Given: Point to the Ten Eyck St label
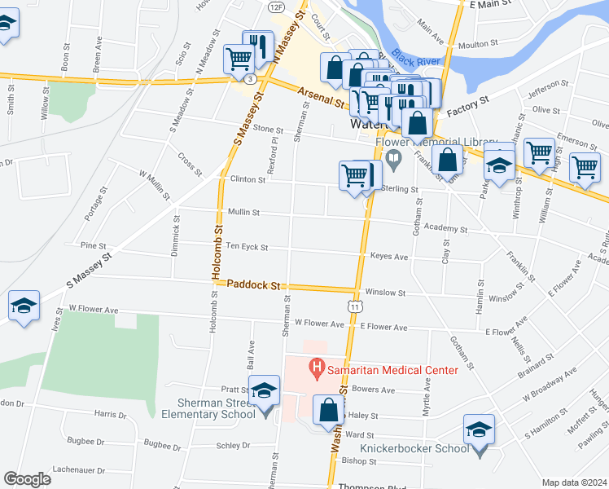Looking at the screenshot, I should click(x=247, y=246).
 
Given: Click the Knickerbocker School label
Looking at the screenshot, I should click(x=414, y=448).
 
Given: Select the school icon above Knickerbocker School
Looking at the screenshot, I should click(x=479, y=430).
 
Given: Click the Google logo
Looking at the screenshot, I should click(x=26, y=479).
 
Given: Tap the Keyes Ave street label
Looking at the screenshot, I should click(x=389, y=256).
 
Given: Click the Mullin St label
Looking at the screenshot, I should click(x=243, y=212).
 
